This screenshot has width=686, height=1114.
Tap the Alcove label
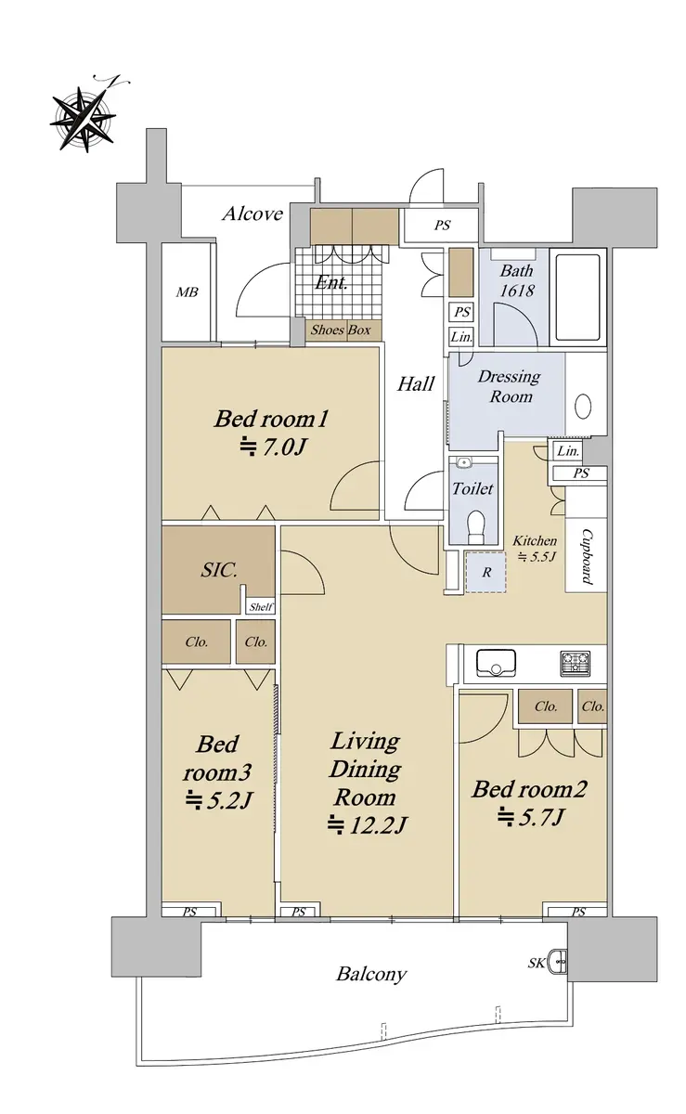coord(252,214)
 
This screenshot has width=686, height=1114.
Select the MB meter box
coord(187,292)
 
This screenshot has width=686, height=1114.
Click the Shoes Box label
coord(341,330)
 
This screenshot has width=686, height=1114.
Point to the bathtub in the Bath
coord(577,297)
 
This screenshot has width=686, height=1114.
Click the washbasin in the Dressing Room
coord(583,407)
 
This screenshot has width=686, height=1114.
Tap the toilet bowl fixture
coord(476,526)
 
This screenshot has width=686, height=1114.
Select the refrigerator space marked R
coord(486,572)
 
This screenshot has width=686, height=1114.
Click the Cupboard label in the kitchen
coord(587,556)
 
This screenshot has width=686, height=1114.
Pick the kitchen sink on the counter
coord(496,663)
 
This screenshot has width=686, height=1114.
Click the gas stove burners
coord(575,664)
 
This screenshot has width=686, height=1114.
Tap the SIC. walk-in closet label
coord(219,570)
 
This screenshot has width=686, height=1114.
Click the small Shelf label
coord(261,607)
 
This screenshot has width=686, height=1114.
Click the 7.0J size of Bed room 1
coord(273,447)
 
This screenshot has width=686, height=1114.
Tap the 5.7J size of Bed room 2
coord(531,817)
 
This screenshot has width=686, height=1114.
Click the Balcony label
coord(371,974)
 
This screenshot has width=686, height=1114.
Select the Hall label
coord(416,384)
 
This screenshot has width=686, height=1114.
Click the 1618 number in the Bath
coord(517,291)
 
